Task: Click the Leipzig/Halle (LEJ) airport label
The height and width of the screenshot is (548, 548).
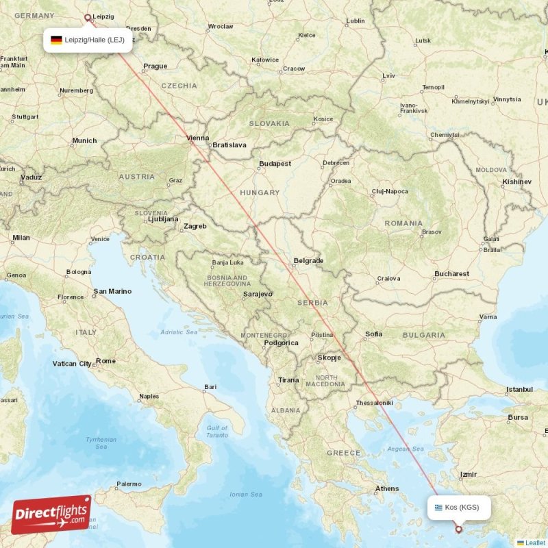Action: pos(95,40)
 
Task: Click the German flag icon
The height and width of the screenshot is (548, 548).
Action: pos(56,40)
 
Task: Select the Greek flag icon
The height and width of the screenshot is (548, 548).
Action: pos(438,508)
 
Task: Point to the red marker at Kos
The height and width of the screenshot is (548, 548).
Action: pos(459,529)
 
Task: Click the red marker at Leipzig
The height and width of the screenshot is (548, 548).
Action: pos(87,18)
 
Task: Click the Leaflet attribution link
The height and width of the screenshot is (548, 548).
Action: pos(535,543)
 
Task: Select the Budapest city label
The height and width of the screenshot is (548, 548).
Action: pos(275,164)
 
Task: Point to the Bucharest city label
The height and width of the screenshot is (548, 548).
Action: pos(451,273)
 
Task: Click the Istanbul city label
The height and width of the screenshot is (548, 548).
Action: pos(519,389)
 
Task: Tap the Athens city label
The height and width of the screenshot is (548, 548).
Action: pos(387,488)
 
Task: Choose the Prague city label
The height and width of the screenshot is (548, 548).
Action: pos(155,66)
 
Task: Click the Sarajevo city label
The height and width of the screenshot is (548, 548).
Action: pos(258,294)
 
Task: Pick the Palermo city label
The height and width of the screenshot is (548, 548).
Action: pos(129,484)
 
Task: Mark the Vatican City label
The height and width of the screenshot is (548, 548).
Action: pos(71,364)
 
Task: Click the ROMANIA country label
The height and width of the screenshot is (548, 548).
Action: pos(403,223)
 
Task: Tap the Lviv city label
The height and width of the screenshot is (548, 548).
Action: pos(389,75)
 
